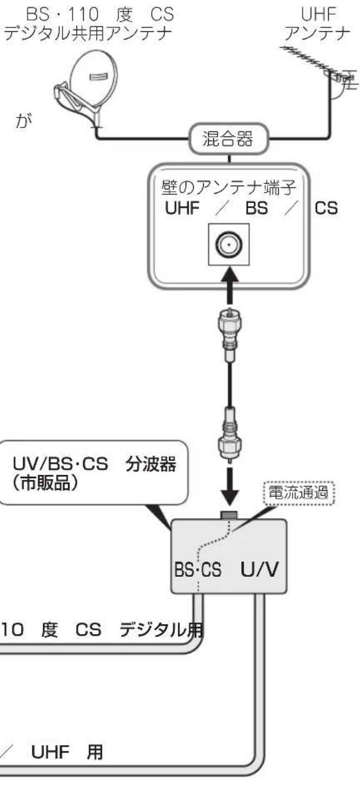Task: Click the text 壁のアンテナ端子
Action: tap(229, 186)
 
